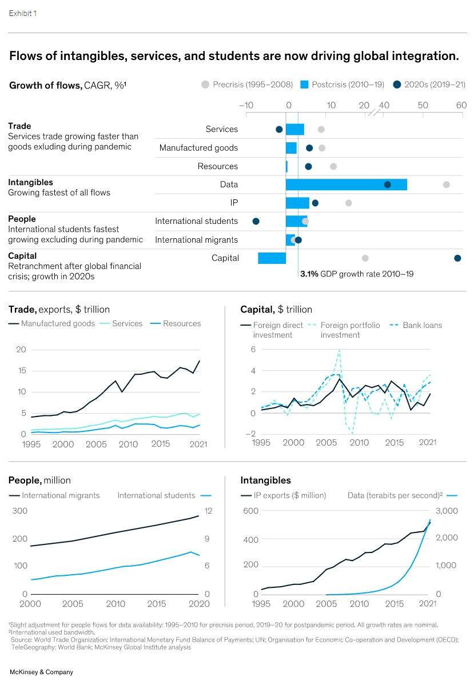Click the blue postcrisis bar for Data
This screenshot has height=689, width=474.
(346, 185)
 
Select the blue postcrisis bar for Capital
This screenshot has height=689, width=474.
(272, 258)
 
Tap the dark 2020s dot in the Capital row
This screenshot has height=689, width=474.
(457, 258)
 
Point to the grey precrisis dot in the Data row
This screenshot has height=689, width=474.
(447, 185)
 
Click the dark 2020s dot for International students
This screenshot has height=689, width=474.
(256, 221)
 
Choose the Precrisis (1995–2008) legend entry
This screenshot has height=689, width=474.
(247, 85)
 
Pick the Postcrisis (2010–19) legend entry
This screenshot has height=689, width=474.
(343, 85)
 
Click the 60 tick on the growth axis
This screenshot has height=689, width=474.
(461, 105)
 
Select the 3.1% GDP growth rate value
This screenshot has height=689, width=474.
(309, 274)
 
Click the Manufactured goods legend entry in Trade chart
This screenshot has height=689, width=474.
(52, 323)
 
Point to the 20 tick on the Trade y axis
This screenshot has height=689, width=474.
(21, 350)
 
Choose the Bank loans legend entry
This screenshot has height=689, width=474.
(416, 325)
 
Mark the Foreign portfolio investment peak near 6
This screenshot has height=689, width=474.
(340, 350)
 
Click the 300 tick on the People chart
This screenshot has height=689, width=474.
(20, 510)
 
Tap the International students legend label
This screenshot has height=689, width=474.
(156, 495)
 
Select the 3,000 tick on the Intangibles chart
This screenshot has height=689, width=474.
(447, 510)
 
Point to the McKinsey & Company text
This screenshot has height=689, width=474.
(42, 672)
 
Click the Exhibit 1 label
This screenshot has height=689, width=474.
(23, 13)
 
